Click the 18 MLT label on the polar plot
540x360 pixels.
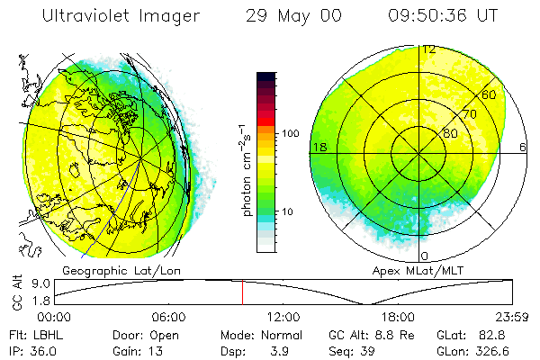coord(318,146)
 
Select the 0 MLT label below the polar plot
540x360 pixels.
coord(425,256)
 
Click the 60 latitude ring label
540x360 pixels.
coord(490,94)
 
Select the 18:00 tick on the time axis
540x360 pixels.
coord(398,317)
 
